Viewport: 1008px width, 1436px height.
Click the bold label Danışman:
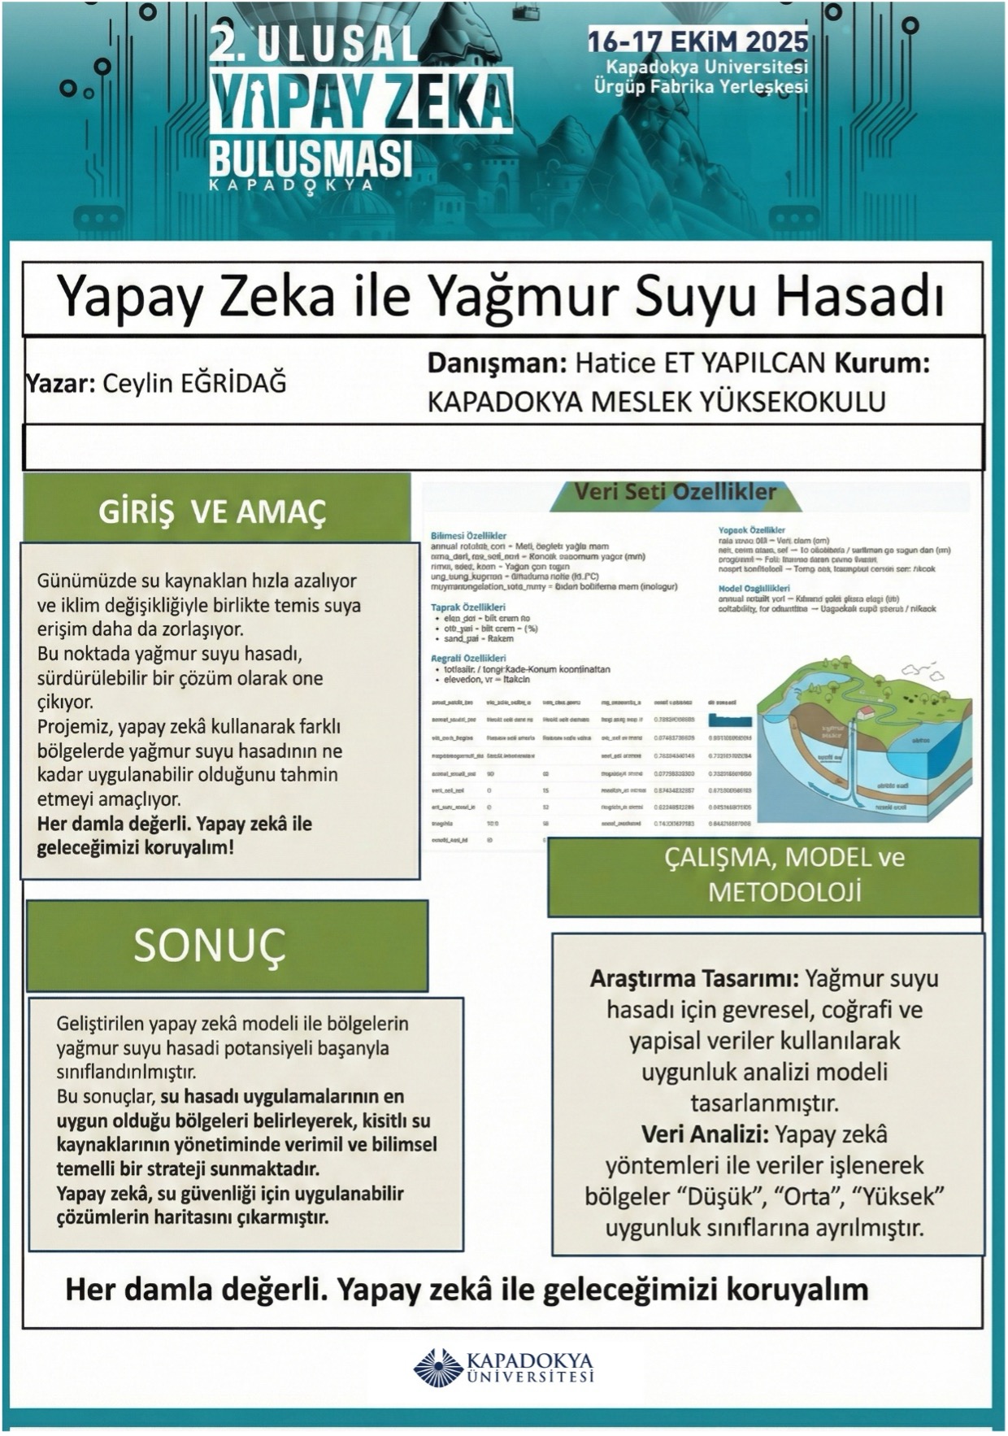pos(497,363)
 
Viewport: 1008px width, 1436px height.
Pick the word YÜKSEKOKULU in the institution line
pos(789,402)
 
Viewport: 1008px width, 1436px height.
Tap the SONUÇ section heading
pos(211,945)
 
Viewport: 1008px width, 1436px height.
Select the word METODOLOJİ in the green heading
pos(784,892)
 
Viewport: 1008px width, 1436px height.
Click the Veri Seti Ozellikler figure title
pos(675,493)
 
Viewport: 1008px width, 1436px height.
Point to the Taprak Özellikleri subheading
pos(467,607)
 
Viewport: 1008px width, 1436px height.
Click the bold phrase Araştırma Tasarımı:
pos(695,978)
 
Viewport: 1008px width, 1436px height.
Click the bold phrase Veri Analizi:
pos(705,1134)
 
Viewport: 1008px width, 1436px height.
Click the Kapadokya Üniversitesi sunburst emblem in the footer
pos(438,1367)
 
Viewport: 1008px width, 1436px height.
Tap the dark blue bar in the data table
pos(730,720)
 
